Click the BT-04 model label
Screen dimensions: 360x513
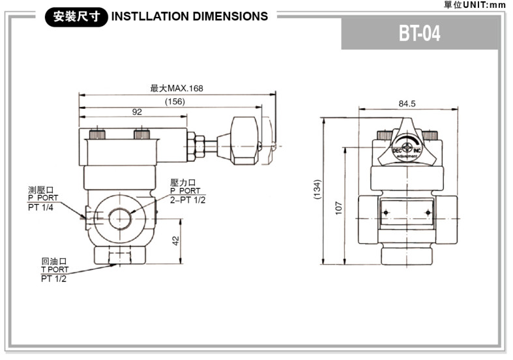(x=420, y=34)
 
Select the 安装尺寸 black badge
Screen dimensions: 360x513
(x=75, y=16)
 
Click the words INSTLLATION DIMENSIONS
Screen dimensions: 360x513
(x=190, y=16)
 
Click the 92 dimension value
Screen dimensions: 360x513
(x=137, y=112)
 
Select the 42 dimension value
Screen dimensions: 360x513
(x=175, y=241)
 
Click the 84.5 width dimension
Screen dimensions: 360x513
(x=407, y=104)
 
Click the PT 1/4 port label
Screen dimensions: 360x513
(x=41, y=207)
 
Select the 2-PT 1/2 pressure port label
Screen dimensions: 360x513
(x=188, y=200)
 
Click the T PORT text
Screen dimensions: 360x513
(x=54, y=269)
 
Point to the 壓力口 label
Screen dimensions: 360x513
(x=183, y=183)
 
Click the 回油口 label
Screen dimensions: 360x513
(x=54, y=261)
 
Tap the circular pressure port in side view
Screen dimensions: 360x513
(x=120, y=218)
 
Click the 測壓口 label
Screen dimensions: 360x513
(x=41, y=190)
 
